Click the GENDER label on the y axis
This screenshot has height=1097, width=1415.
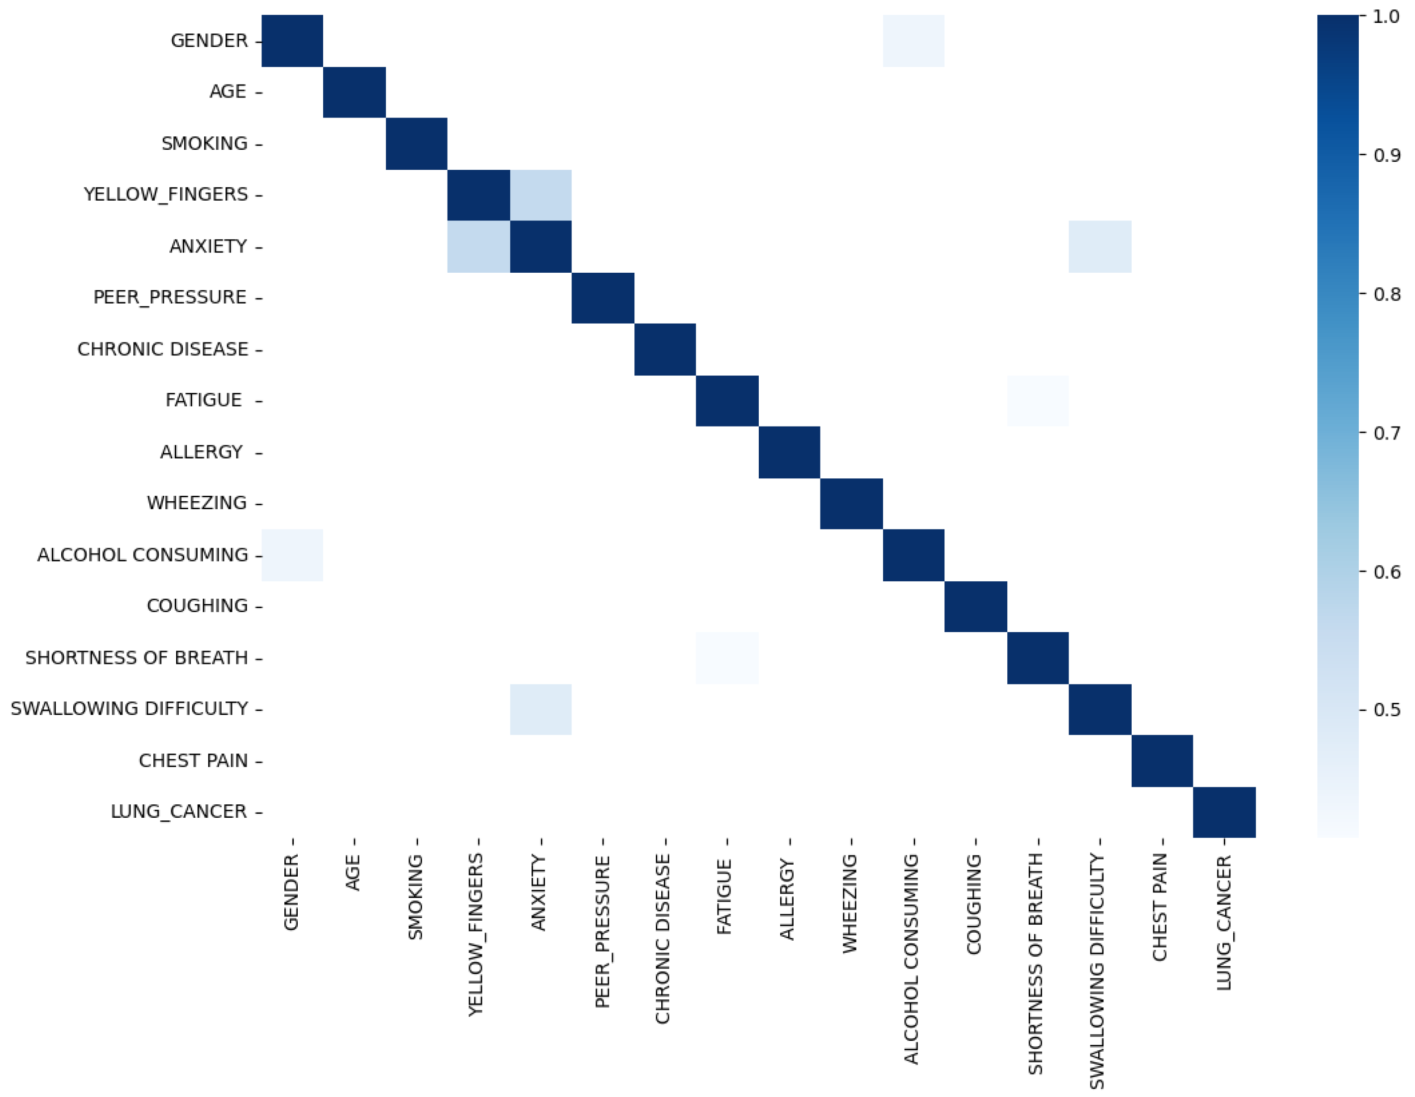[209, 41]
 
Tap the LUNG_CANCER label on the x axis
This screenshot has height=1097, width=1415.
[1223, 923]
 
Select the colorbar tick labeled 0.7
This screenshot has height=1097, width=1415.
[1387, 432]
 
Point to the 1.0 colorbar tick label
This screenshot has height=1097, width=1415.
[1387, 16]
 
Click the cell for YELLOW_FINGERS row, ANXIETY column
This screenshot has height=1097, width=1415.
[541, 195]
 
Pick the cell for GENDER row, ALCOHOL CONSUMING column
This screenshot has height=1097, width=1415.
[914, 41]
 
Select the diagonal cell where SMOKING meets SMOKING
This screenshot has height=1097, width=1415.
[417, 144]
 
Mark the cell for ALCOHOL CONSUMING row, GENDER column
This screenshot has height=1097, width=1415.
[292, 555]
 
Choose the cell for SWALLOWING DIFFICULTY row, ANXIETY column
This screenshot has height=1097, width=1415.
[541, 709]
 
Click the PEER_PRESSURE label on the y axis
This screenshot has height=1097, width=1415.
[170, 297]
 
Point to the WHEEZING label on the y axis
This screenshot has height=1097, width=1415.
[196, 503]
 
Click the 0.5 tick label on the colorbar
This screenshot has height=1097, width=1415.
[1387, 710]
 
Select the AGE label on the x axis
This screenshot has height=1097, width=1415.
[353, 873]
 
